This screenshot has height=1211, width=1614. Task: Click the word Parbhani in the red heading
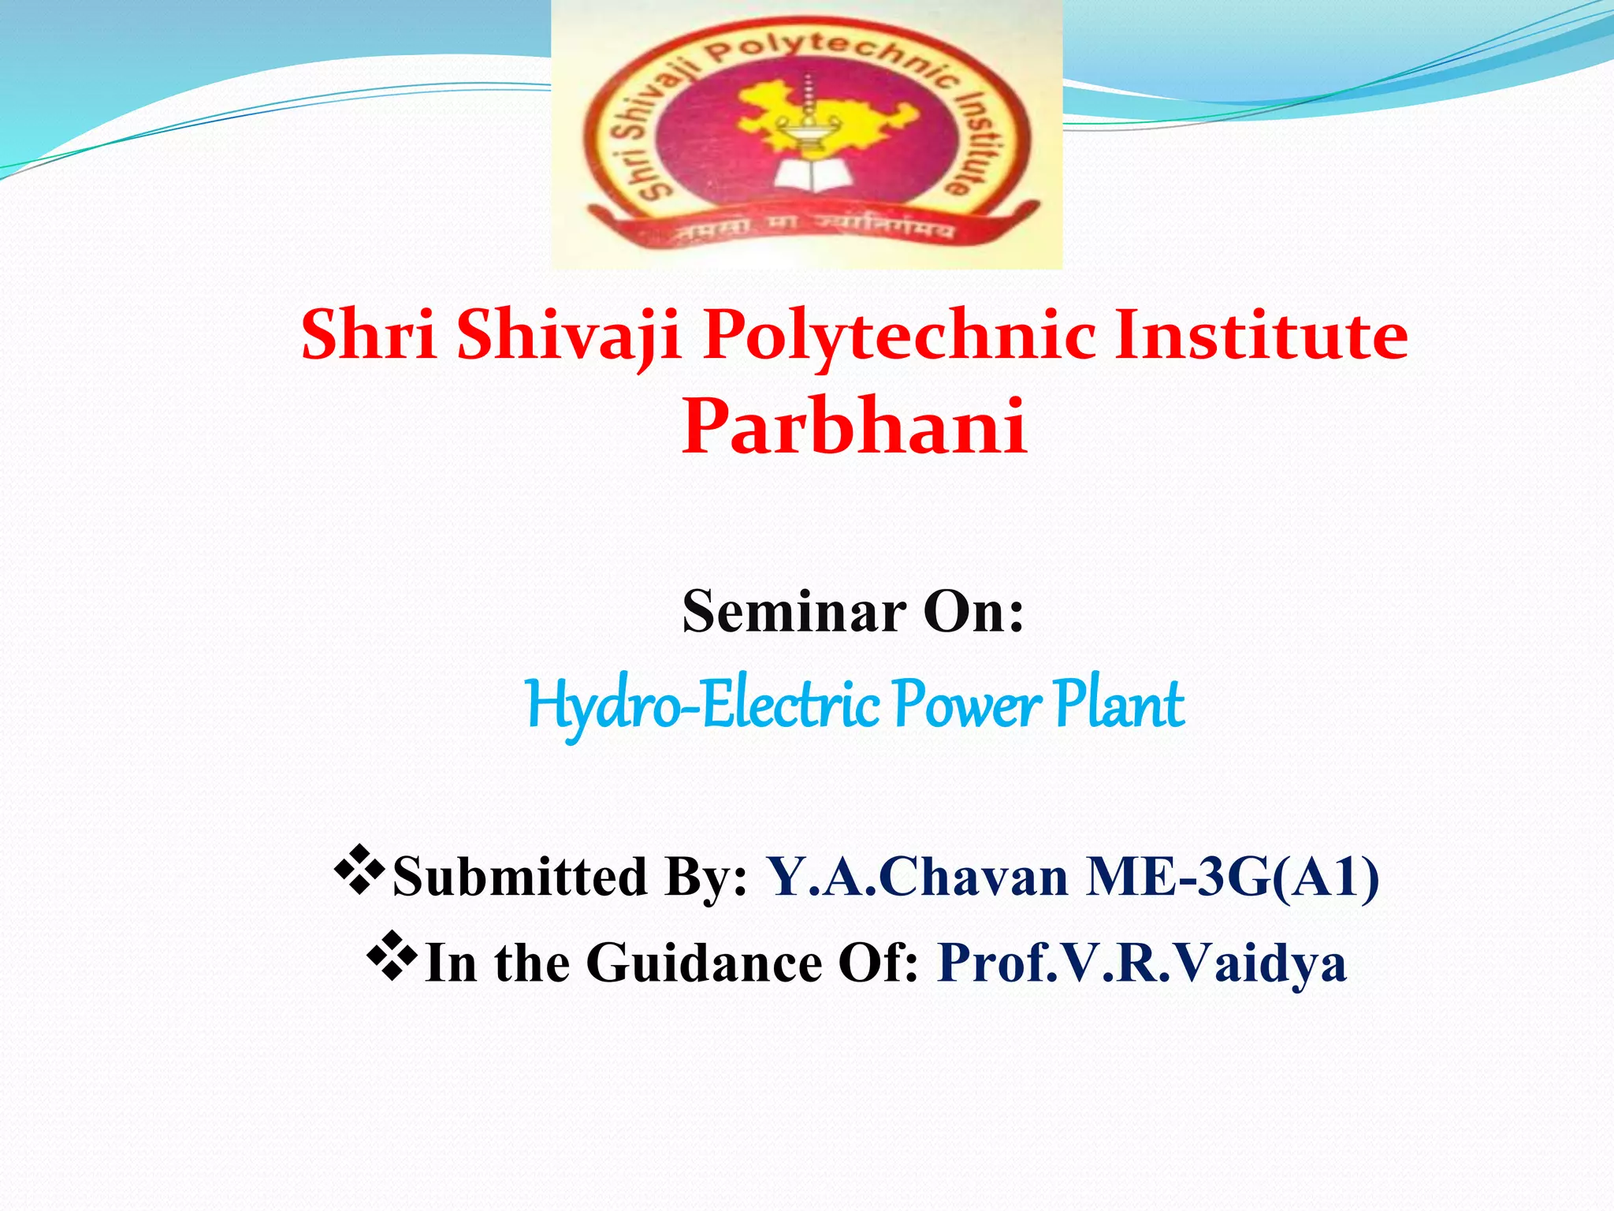pos(854,427)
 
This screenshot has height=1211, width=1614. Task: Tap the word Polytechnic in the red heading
pos(898,335)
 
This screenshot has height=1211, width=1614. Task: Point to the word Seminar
pos(794,612)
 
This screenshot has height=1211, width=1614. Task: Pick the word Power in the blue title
pos(968,704)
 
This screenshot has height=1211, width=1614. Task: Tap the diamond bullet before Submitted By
pos(359,869)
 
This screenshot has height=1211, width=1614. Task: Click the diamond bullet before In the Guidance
pos(392,956)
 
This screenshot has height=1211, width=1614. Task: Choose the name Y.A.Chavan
pos(919,877)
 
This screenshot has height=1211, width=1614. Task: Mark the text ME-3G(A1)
pos(1233,877)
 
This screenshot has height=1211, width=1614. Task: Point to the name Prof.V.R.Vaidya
pos(1142,963)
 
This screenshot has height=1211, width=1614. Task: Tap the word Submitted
pos(520,877)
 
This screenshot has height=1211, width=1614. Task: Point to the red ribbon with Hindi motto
pos(812,229)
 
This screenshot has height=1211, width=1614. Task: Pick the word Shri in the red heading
pos(369,335)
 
